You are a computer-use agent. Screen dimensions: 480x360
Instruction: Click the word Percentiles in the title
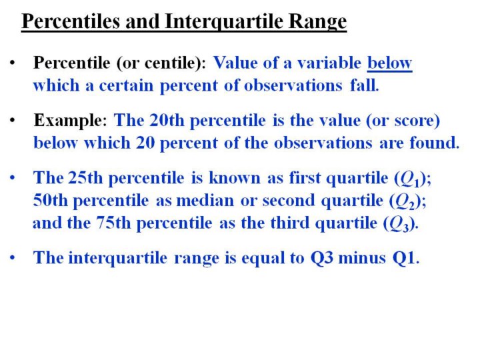(71, 21)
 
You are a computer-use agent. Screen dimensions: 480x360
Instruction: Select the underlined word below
(390, 63)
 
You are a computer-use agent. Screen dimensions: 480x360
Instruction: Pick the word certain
(126, 85)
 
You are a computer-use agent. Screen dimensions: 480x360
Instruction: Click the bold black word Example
(70, 120)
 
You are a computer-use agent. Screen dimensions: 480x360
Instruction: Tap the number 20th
(167, 120)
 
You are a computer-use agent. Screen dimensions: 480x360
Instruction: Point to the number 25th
(85, 177)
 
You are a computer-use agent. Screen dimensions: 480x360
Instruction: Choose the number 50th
(50, 200)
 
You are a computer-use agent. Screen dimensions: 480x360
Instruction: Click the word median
(205, 200)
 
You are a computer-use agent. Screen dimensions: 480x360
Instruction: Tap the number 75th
(113, 223)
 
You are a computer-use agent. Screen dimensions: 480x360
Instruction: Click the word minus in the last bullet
(362, 257)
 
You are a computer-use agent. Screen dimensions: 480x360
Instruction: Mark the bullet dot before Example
(12, 120)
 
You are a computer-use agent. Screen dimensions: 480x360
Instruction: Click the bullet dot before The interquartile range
(12, 258)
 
